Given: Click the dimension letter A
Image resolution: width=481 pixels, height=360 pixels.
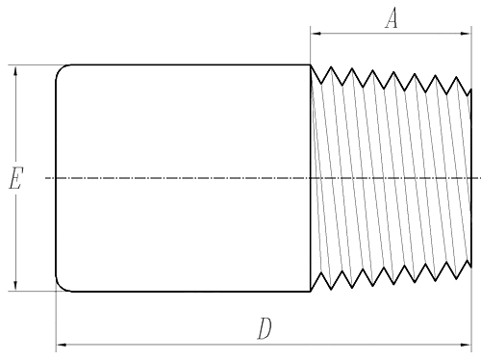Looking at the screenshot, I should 392,17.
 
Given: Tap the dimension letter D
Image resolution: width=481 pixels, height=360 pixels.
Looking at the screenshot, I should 265,329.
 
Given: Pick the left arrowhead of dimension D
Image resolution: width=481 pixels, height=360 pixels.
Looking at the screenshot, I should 61,343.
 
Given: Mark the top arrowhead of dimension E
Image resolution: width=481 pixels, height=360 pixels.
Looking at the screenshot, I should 15,70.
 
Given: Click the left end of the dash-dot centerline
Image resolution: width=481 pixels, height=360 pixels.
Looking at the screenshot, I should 46,178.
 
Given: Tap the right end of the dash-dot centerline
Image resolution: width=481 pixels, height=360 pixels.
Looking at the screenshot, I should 477,178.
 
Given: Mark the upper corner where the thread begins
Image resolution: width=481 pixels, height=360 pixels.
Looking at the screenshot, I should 311,65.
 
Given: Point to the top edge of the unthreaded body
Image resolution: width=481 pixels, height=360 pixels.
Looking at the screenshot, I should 183,64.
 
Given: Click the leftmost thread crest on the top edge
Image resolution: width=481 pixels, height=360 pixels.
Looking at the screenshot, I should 330,67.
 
